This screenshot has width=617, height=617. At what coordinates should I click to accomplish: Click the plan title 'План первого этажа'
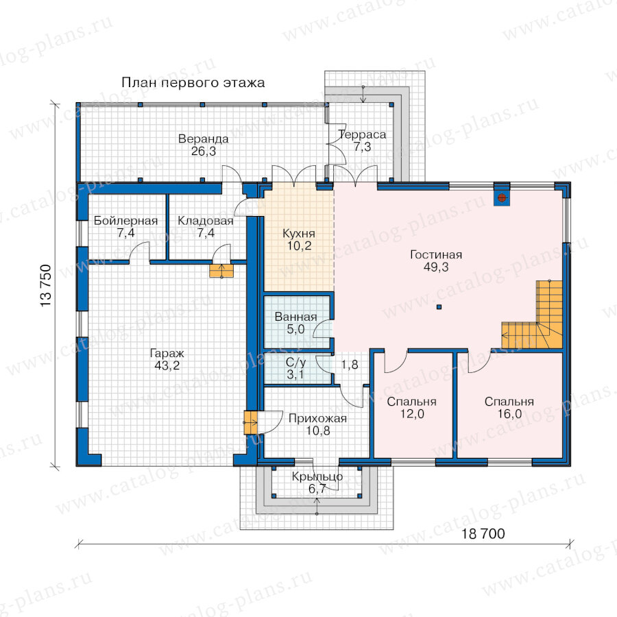193,83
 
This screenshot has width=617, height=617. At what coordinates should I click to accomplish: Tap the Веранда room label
203,138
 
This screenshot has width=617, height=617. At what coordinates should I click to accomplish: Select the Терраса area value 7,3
362,147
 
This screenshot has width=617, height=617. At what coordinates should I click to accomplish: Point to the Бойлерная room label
125,221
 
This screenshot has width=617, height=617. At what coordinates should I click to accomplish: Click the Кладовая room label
206,221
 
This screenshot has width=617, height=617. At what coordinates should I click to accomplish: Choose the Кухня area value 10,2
299,246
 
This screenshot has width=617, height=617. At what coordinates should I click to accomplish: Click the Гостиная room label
436,254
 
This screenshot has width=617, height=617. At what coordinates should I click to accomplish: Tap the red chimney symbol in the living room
501,197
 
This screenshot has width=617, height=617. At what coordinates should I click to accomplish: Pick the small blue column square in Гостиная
439,307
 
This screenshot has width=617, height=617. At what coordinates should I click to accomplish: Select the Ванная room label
295,317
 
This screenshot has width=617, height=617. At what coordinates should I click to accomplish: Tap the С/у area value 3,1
295,374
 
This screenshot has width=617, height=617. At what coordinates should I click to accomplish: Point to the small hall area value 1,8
350,365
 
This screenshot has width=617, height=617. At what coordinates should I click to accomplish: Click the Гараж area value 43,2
167,365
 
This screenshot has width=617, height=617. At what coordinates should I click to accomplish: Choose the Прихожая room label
317,418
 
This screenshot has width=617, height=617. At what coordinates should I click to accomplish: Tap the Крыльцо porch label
317,477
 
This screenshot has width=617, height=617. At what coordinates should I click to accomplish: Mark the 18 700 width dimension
483,534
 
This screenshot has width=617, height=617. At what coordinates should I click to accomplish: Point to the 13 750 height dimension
46,286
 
